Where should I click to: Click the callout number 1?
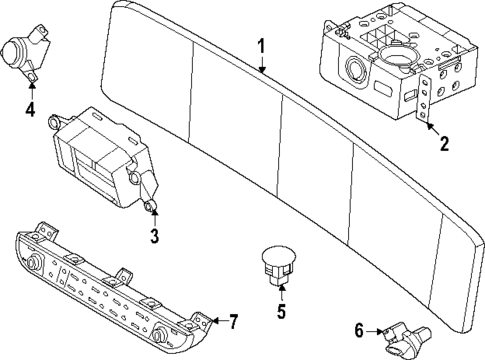point(261,46)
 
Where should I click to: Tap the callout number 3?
point(154,236)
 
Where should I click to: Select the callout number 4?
point(30,110)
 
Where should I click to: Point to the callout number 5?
point(281,309)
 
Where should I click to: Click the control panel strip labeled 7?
point(110,290)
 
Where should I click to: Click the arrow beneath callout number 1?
point(261,66)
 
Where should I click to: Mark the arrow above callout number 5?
point(281,290)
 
